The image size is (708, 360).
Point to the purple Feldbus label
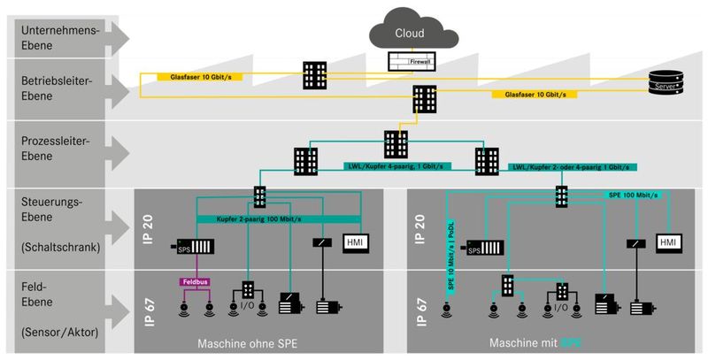pos(196,281)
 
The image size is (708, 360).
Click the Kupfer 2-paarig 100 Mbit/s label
pos(261,218)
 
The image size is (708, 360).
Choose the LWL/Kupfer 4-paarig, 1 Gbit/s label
pos(396,165)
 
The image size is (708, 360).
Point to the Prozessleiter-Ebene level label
pos(56,148)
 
